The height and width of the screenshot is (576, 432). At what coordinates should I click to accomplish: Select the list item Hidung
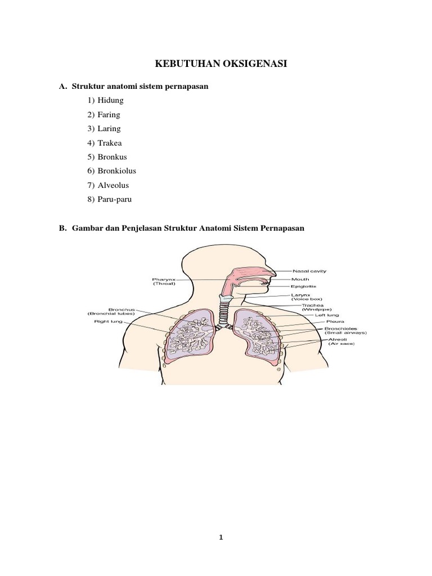pos(110,100)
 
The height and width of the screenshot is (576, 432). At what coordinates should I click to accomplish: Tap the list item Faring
pos(109,114)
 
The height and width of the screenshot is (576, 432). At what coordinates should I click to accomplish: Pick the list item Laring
pos(109,128)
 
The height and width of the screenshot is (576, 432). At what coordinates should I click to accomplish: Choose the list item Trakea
pos(110,142)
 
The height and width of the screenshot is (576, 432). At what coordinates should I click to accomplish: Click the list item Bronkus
pos(112,156)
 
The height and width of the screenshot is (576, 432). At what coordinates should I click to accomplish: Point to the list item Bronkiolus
pos(116,170)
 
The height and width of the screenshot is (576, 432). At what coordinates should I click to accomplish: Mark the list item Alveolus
pos(113,184)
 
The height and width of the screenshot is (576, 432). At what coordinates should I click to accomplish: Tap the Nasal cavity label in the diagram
pos(309,271)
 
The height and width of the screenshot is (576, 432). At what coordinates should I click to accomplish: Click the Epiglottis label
pos(304,286)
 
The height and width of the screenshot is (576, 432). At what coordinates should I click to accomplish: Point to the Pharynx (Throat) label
pos(164,281)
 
